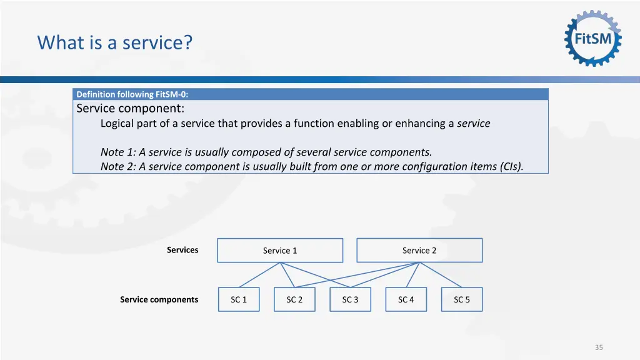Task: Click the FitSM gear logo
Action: tap(593, 38)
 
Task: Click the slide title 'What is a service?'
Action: tap(115, 42)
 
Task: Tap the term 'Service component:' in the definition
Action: tap(130, 108)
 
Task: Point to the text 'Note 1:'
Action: tap(118, 152)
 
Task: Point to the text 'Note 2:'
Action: tap(118, 166)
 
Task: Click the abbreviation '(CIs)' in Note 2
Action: tap(511, 166)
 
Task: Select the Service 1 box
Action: tap(280, 251)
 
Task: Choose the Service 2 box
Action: tap(419, 251)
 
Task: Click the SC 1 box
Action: tap(239, 300)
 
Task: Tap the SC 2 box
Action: tap(294, 300)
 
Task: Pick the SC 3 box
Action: tap(350, 300)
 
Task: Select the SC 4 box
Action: tap(406, 300)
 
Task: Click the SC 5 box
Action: tap(462, 300)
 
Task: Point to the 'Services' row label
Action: tap(182, 250)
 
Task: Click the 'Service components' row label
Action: tap(159, 300)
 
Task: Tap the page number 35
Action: tap(599, 347)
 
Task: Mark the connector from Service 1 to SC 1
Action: tap(259, 275)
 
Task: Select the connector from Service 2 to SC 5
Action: tap(441, 275)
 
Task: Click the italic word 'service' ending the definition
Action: tap(473, 123)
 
